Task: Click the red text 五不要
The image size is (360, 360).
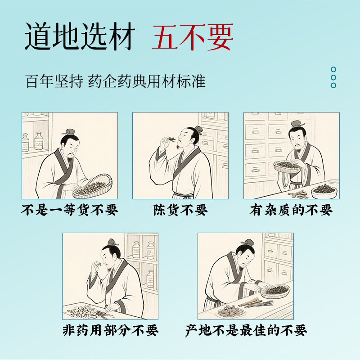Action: click(x=193, y=37)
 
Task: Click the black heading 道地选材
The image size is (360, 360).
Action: click(x=80, y=36)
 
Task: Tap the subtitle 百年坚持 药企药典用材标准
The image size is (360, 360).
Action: click(x=115, y=81)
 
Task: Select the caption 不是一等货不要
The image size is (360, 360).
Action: click(x=70, y=210)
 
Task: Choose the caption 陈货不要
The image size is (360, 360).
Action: click(x=180, y=210)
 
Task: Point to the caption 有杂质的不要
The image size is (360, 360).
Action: click(x=291, y=210)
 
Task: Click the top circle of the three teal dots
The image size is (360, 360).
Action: click(x=333, y=69)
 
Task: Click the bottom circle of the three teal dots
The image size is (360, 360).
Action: click(x=333, y=85)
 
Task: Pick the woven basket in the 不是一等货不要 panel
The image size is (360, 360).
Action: click(x=93, y=187)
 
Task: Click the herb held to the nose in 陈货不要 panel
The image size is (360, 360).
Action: click(x=171, y=139)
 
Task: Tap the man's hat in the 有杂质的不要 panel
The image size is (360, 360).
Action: click(x=297, y=124)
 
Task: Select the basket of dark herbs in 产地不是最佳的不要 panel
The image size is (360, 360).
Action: click(x=275, y=291)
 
